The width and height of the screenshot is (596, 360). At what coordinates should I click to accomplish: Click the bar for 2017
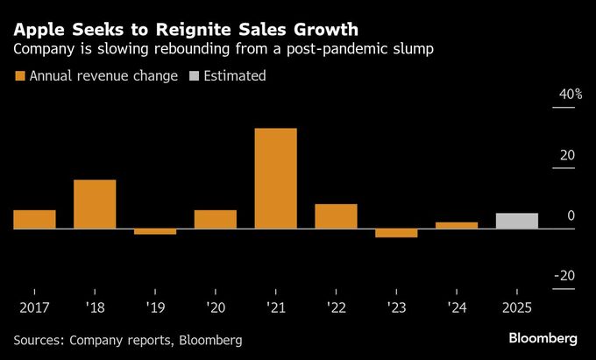click(x=34, y=219)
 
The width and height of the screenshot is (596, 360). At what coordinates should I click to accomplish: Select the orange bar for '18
click(x=95, y=204)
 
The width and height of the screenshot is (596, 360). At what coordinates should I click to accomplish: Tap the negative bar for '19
click(x=155, y=231)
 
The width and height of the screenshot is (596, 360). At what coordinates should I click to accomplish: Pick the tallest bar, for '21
click(x=276, y=179)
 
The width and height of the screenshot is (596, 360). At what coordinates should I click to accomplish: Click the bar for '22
click(x=336, y=216)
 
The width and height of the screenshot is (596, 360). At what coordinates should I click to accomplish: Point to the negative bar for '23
click(x=396, y=233)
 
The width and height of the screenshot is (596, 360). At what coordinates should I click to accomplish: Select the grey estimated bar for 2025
click(x=517, y=221)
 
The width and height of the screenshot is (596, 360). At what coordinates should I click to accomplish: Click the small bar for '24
click(x=457, y=225)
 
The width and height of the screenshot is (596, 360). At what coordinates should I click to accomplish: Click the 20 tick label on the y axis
click(x=567, y=155)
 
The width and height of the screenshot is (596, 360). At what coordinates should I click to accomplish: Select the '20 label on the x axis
click(x=215, y=308)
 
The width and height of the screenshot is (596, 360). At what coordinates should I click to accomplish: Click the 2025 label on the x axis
click(x=517, y=308)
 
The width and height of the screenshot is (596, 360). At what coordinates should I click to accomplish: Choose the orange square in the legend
click(x=19, y=76)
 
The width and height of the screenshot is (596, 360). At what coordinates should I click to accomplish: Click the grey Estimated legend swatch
click(x=194, y=76)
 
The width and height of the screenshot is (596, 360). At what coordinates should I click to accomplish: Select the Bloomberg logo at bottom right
click(x=543, y=338)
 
